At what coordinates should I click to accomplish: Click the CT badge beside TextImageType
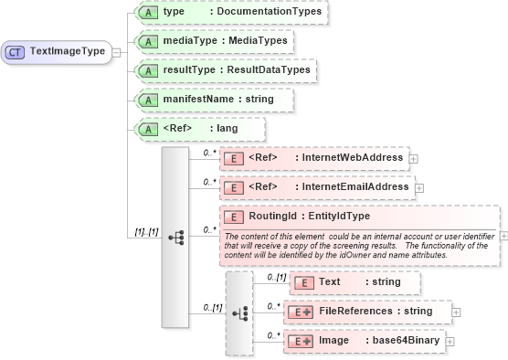coord(16,52)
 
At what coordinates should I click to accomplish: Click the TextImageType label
coord(68,52)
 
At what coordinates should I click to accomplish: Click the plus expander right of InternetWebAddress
coord(414,158)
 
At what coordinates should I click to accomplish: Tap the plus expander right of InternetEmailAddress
coord(419,187)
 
